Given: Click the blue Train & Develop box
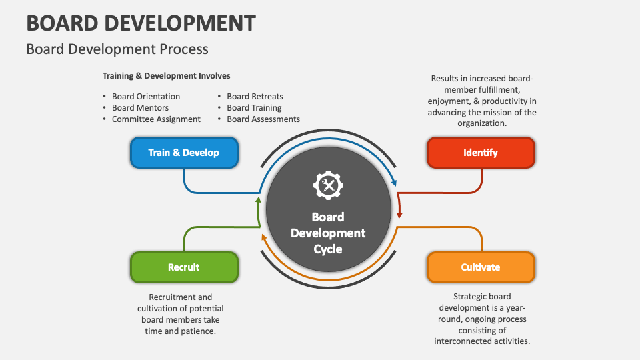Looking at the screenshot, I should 183,153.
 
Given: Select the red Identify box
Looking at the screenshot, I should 480,153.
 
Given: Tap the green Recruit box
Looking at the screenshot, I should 183,267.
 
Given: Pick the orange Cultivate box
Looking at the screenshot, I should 480,267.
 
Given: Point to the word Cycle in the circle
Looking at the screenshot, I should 327,249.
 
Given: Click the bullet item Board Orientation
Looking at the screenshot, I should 146,97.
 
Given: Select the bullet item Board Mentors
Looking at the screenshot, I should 140,108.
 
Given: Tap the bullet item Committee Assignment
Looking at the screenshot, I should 156,119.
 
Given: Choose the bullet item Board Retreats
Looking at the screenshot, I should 255,97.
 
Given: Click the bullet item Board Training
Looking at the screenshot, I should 254,108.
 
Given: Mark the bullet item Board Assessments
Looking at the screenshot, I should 263,119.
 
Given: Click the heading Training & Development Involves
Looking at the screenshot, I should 166,76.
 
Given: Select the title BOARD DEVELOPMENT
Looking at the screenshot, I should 141,23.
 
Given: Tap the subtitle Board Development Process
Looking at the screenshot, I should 117,49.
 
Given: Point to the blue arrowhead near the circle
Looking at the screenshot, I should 395,181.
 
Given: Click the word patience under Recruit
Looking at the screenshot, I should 199,331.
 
